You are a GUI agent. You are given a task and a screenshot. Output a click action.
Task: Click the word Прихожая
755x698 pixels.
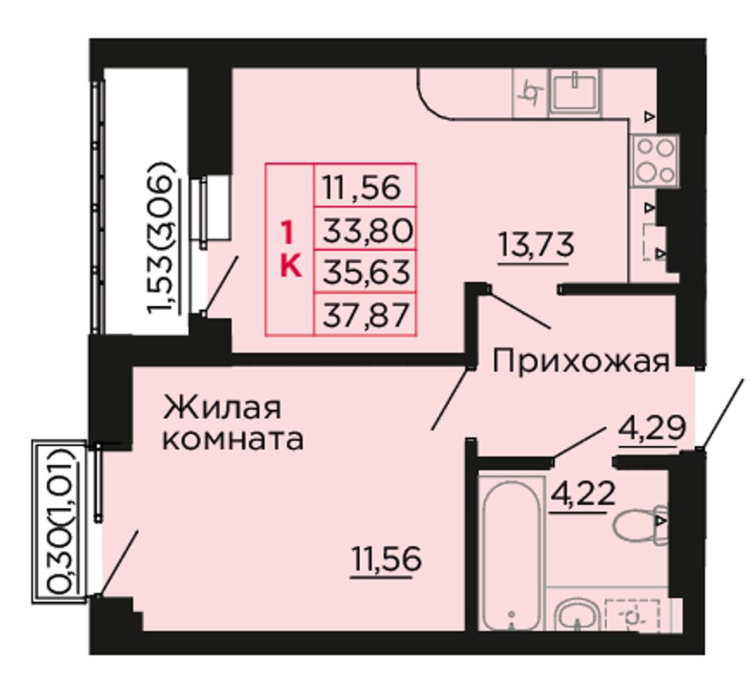(x=581, y=362)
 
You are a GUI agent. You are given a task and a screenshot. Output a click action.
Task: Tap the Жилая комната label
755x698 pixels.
(x=233, y=423)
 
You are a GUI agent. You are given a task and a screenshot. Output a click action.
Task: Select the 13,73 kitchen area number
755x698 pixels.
(x=536, y=244)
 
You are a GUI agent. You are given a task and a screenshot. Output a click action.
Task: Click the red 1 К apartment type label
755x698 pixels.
(x=290, y=249)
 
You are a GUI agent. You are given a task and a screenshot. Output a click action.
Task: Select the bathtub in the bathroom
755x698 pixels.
(x=511, y=553)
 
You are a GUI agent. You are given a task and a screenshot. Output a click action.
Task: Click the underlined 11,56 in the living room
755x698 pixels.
(x=387, y=560)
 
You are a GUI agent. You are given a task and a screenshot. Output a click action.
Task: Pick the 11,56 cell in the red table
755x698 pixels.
(x=362, y=188)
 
